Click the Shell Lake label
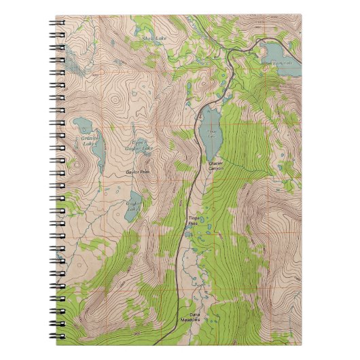(x=154, y=39)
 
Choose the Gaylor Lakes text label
(x=133, y=205)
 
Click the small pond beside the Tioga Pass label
(x=188, y=234)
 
